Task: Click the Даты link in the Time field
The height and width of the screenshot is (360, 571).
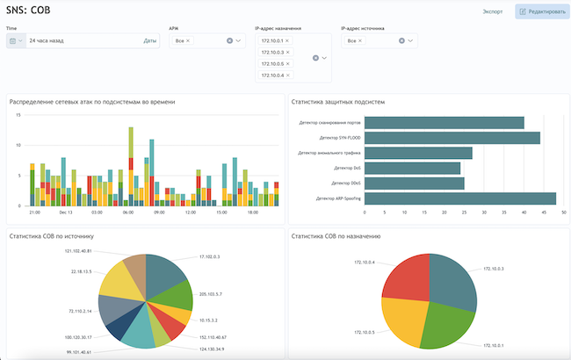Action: (x=150, y=40)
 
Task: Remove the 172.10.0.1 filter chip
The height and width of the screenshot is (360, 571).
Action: (x=288, y=41)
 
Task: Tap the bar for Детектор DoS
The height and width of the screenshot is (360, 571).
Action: (x=412, y=168)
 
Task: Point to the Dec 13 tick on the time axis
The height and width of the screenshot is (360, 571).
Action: (x=66, y=212)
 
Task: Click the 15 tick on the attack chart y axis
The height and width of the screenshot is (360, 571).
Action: (x=18, y=141)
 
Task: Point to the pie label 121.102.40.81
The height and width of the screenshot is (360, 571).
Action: (x=78, y=250)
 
